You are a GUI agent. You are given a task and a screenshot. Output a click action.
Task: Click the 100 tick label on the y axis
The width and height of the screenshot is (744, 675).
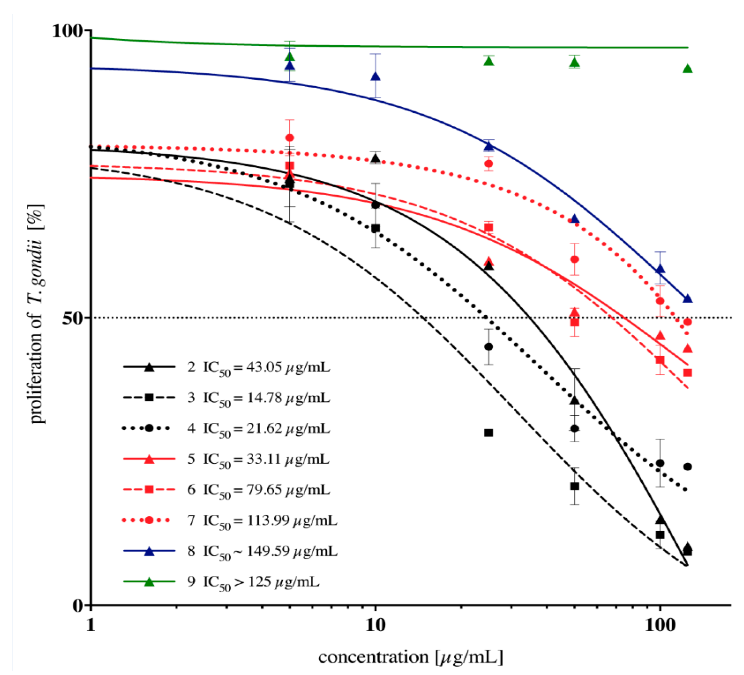point(67,31)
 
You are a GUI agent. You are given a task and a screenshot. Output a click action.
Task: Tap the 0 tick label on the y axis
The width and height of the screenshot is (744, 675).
point(77,606)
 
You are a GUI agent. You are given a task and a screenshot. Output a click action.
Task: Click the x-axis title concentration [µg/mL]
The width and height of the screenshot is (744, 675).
point(410,657)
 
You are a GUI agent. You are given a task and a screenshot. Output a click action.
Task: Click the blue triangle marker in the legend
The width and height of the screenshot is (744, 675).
point(149,551)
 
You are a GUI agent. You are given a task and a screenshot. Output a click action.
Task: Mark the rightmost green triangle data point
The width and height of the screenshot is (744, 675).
point(687,69)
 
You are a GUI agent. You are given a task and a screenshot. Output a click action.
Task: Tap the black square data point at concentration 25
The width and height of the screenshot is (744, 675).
point(489,433)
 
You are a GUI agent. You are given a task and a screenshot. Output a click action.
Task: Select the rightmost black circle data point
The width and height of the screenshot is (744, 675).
point(687,467)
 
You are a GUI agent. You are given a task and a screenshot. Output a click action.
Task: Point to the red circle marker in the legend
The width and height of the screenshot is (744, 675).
point(149,520)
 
